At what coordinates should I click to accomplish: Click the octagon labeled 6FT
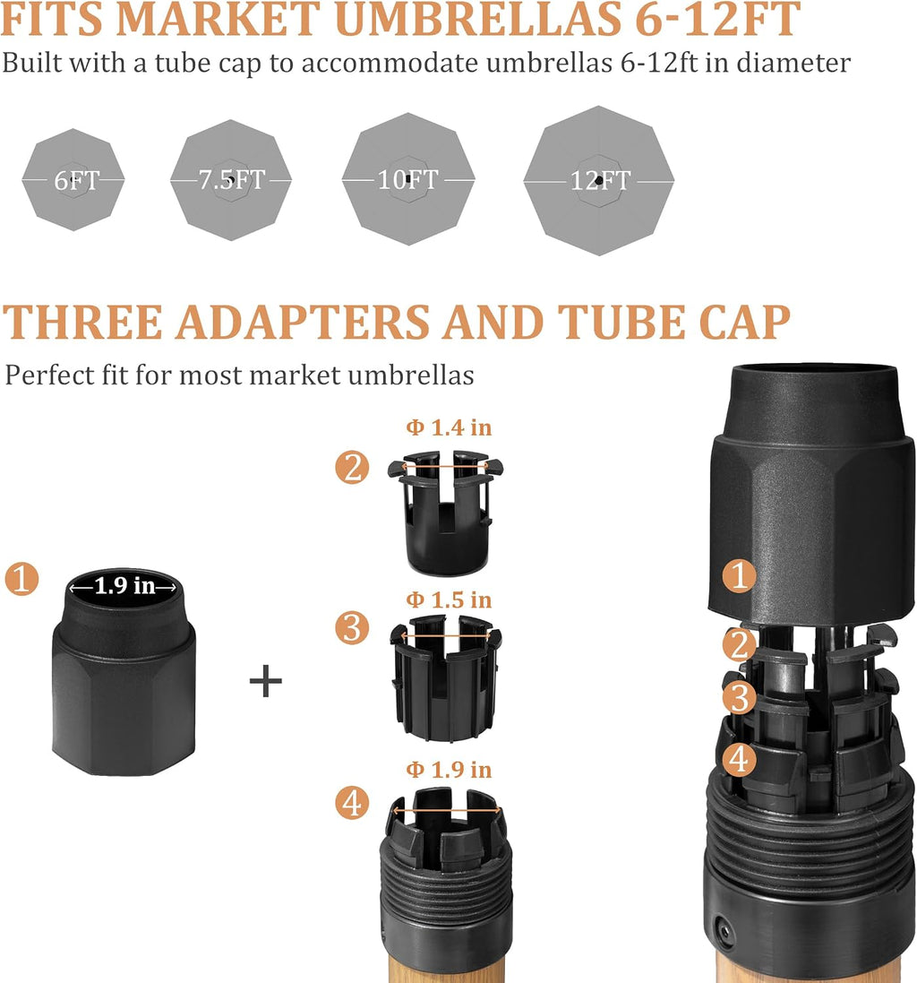(x=73, y=180)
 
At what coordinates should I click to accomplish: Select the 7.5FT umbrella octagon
(x=230, y=180)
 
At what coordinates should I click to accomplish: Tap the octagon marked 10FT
(x=408, y=179)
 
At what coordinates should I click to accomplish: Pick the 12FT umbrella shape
(x=599, y=180)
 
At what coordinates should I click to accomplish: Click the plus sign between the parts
(x=266, y=681)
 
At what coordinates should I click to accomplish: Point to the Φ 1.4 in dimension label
(x=449, y=427)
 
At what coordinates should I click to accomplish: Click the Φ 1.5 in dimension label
(x=449, y=600)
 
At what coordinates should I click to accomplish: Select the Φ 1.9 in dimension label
(x=449, y=769)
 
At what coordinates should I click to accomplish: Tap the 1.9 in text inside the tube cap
(x=124, y=585)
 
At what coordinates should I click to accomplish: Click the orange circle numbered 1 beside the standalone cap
(x=21, y=579)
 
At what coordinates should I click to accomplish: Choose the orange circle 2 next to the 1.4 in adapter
(x=352, y=468)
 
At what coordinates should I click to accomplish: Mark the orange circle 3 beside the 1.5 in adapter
(x=352, y=628)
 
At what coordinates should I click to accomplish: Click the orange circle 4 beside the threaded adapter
(x=352, y=803)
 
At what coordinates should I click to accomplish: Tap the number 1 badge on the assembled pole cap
(x=739, y=576)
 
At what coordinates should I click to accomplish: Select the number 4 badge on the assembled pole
(x=739, y=759)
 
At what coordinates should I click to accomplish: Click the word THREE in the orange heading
(x=83, y=323)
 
